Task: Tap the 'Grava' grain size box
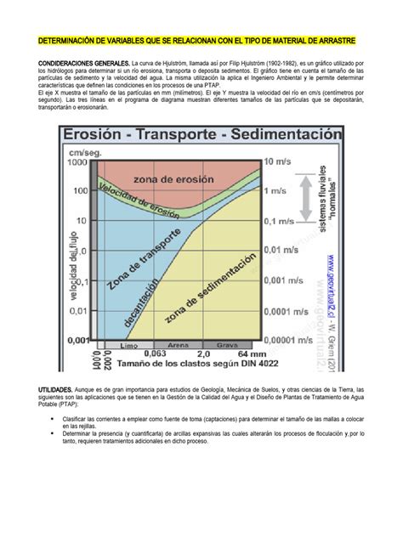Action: coord(227,345)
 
